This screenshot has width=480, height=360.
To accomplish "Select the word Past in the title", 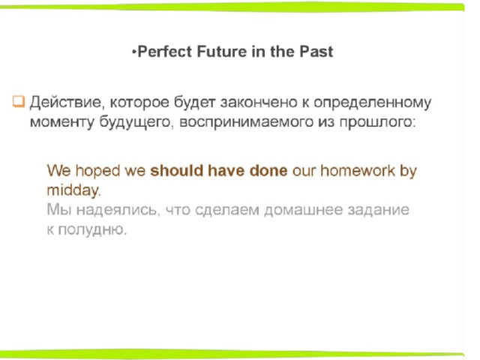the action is click(x=316, y=52).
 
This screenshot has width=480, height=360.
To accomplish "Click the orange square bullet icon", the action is click(x=18, y=101).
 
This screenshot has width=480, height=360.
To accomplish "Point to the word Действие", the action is click(x=66, y=102).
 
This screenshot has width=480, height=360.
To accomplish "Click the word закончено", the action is click(x=259, y=102).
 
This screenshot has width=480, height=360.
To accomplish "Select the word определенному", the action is click(x=373, y=103).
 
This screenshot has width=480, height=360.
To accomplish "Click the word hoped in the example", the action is click(x=97, y=170).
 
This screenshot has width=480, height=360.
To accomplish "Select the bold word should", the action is click(x=176, y=170).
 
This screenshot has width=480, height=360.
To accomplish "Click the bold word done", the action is click(x=268, y=170).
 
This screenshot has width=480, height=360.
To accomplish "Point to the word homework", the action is click(x=358, y=170).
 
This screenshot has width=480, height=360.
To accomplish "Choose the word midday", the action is click(x=73, y=190).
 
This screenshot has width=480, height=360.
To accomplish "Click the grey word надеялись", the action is click(x=118, y=210).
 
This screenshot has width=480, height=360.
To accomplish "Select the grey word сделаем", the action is click(x=227, y=210).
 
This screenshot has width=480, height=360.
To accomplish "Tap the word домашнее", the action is click(x=303, y=210).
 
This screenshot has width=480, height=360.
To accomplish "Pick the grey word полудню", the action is click(x=92, y=229).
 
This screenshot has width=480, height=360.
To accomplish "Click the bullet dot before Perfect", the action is click(x=133, y=52).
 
